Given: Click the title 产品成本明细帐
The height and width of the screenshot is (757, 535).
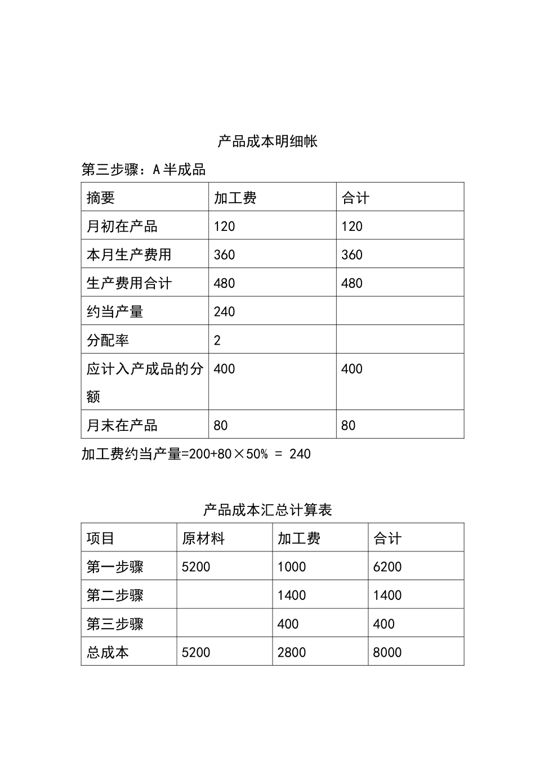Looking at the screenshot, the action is [x=267, y=141].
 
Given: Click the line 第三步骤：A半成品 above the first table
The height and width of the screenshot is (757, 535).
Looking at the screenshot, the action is [x=144, y=170].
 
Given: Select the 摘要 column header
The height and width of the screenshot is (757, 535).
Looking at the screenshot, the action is [x=101, y=198].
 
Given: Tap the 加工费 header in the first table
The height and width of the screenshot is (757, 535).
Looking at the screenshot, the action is [x=235, y=198].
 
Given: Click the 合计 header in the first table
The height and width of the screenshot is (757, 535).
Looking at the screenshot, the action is [x=355, y=198].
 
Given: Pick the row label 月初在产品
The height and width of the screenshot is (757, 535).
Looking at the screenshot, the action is [x=122, y=226].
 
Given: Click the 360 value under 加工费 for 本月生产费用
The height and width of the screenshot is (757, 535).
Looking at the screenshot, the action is [x=224, y=255].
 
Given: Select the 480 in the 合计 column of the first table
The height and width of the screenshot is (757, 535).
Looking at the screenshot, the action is [x=352, y=283].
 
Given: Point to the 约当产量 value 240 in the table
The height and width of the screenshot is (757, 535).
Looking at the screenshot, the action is [x=224, y=312].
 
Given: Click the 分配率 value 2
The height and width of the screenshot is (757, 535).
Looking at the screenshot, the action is [x=217, y=340].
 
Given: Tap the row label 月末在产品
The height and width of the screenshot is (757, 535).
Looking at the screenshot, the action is [x=122, y=425].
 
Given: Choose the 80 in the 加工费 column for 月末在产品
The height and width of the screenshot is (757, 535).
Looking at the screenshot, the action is [x=221, y=425].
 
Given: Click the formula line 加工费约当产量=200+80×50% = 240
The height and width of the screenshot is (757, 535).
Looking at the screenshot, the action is [x=196, y=454].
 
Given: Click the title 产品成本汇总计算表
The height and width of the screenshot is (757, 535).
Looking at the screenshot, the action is [x=267, y=510].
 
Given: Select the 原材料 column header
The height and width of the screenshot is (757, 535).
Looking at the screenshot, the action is [x=203, y=538].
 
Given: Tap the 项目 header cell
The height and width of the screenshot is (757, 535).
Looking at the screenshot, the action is [x=101, y=538].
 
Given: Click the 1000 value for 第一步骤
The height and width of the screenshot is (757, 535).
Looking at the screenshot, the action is [x=292, y=567].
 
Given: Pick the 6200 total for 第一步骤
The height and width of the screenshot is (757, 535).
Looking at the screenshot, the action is [x=387, y=567].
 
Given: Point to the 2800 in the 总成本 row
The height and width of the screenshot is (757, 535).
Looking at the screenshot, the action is [x=292, y=652].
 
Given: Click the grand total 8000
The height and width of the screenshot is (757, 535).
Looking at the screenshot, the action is [x=387, y=652].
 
